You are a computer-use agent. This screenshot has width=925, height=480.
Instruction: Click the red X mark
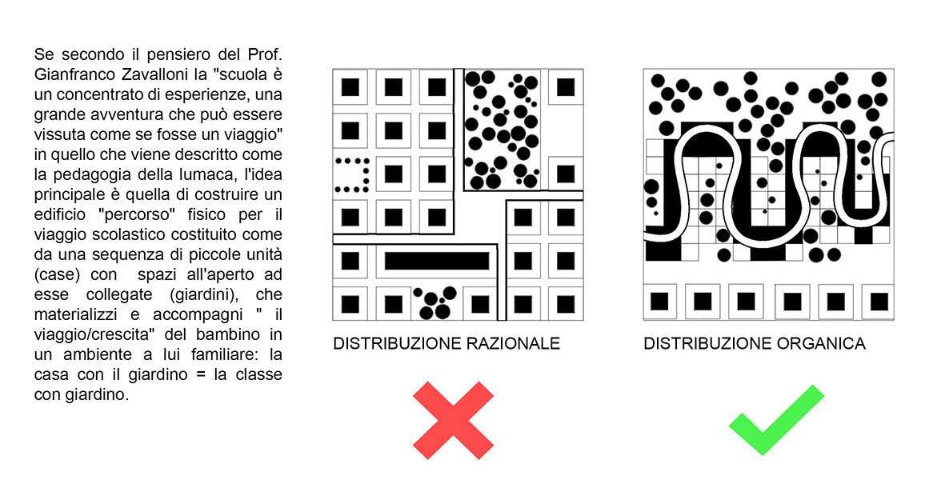pos(453,421)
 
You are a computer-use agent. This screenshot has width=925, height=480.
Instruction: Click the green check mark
pos(776,420)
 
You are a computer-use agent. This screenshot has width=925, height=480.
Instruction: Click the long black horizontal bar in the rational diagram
pos(437,262)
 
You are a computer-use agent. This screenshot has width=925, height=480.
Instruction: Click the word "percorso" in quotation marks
pos(139,214)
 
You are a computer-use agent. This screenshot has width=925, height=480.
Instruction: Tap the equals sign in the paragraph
pos(201,375)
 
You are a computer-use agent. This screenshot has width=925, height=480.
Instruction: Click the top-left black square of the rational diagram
pos(350,87)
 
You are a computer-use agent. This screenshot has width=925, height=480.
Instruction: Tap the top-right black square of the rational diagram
pos(566,87)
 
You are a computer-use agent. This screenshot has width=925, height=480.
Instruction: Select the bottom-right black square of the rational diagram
pos(566,304)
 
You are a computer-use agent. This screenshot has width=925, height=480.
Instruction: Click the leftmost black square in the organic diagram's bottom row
pos(659,302)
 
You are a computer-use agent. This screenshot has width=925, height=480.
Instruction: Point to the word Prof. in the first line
pos(265,55)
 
